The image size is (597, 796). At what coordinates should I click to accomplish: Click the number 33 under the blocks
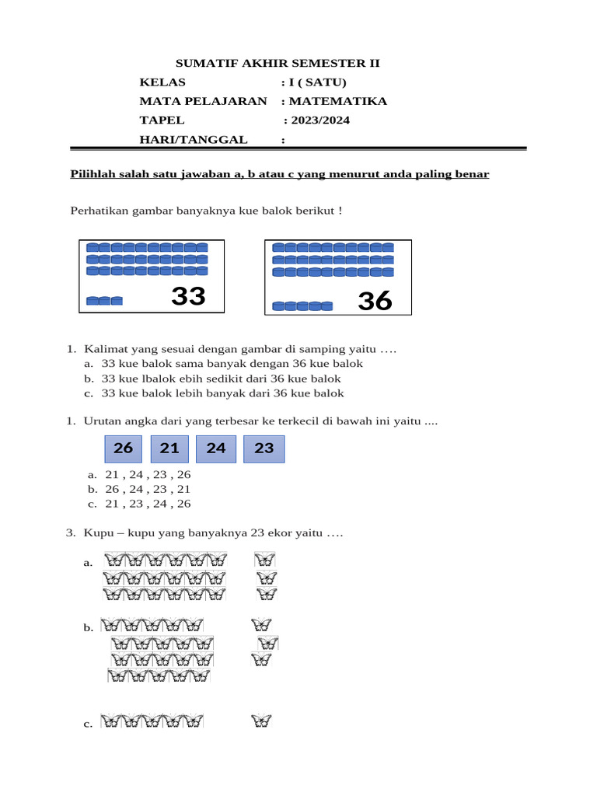click(x=188, y=296)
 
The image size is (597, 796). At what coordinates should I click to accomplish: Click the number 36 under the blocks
click(x=375, y=301)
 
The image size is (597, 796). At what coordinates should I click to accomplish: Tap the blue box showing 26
click(x=123, y=449)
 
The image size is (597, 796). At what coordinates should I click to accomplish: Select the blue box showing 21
click(x=169, y=449)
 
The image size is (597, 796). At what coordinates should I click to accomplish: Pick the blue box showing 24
click(x=216, y=449)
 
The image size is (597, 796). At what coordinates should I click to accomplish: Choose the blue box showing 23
click(x=264, y=449)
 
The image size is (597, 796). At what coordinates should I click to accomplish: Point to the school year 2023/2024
click(x=319, y=120)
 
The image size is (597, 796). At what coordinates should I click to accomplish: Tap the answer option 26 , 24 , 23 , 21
click(x=148, y=489)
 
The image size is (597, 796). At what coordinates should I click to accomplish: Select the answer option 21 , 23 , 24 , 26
click(x=148, y=504)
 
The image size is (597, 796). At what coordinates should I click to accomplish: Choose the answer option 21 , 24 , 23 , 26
click(x=148, y=474)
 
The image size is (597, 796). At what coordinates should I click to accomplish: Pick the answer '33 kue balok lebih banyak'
click(x=222, y=393)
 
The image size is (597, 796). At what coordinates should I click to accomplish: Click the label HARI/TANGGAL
click(x=194, y=140)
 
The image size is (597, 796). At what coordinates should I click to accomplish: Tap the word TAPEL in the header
click(x=162, y=120)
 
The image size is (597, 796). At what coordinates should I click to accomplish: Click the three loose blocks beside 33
click(x=104, y=301)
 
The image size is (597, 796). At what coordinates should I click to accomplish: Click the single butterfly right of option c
click(x=262, y=722)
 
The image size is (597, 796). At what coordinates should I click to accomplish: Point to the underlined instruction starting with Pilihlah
click(x=280, y=174)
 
